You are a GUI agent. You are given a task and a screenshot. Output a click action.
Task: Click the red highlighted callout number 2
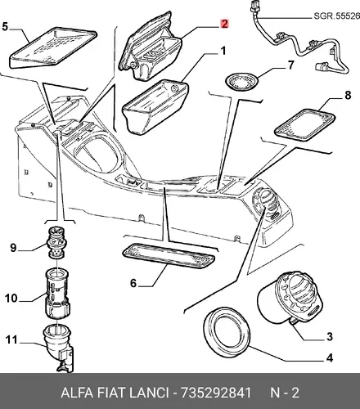pos(224,24)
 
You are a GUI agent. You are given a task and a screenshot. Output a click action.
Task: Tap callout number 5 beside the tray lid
pos(5,27)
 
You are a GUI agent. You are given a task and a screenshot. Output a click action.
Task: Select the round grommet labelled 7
pos(242,81)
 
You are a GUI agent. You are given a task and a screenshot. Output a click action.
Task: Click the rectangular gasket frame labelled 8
pos(304,124)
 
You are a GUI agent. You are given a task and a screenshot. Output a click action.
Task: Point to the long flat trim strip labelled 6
pos(169,257)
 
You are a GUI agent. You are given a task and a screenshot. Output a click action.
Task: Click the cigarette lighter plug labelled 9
pos(56,242)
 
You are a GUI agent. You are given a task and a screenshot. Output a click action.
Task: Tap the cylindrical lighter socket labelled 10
pos(57,294)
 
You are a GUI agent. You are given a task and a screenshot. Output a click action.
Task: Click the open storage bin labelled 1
pos(155,107)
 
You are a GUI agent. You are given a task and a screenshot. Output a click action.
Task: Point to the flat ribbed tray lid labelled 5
pos(53,48)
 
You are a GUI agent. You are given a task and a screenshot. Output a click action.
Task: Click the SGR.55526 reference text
pos(336,16)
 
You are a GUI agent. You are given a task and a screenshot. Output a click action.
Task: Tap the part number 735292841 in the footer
pos(216,393)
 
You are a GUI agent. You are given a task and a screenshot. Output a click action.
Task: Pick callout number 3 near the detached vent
pos(330,337)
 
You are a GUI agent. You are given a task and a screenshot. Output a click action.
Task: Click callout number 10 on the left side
pos(11,299)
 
